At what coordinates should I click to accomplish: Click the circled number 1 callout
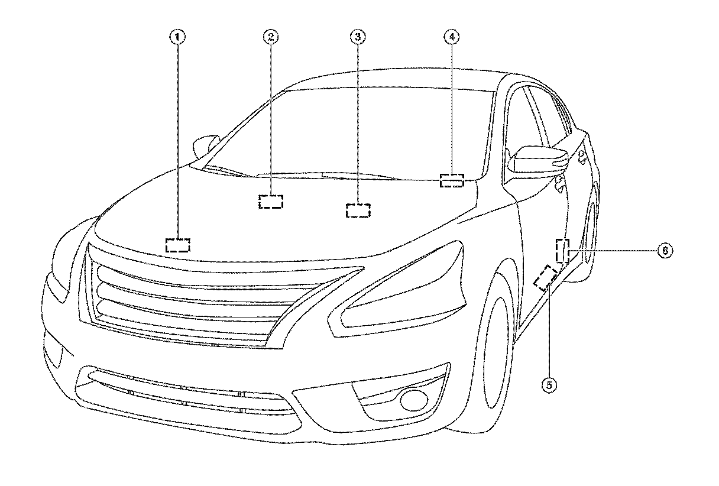pyautogui.click(x=177, y=37)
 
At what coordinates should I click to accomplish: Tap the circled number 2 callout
pyautogui.click(x=270, y=37)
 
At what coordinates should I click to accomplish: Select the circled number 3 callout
pyautogui.click(x=357, y=37)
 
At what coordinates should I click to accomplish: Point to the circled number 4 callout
pyautogui.click(x=451, y=37)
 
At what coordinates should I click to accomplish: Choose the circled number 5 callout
pyautogui.click(x=549, y=385)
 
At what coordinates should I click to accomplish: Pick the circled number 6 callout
pyautogui.click(x=665, y=251)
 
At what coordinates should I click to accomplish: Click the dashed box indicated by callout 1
pyautogui.click(x=177, y=245)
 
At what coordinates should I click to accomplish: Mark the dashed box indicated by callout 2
pyautogui.click(x=271, y=201)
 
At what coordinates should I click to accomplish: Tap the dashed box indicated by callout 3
pyautogui.click(x=358, y=210)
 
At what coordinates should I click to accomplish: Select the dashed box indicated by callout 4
pyautogui.click(x=452, y=180)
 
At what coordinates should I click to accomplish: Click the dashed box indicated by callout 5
pyautogui.click(x=545, y=277)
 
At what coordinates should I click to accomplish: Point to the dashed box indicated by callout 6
pyautogui.click(x=562, y=251)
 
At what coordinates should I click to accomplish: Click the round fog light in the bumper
pyautogui.click(x=408, y=400)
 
